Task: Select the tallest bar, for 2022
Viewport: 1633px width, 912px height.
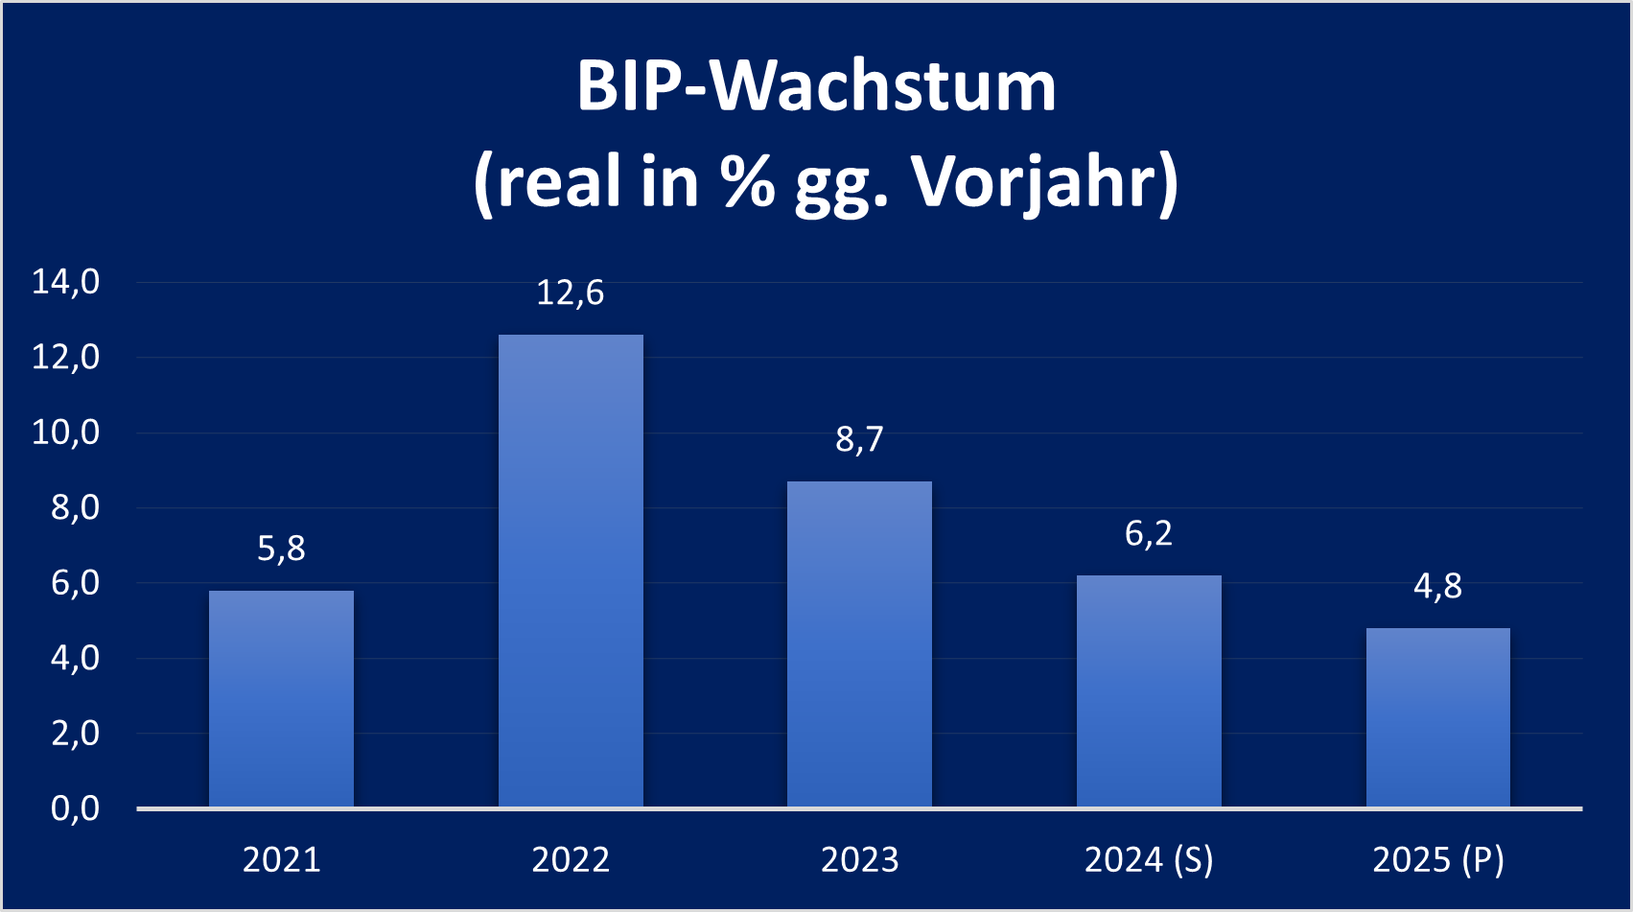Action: tap(571, 571)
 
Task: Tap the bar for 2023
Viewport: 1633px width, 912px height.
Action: tap(859, 643)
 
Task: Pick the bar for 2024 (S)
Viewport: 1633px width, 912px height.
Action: tap(1149, 690)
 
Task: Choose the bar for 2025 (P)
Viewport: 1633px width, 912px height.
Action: tap(1437, 717)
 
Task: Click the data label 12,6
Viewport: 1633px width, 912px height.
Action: tap(571, 292)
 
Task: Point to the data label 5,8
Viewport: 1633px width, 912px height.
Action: tap(281, 549)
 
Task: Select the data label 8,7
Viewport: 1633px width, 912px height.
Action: tap(859, 439)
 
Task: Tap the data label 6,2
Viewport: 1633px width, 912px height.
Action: tap(1149, 533)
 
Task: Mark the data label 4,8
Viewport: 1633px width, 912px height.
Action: tap(1437, 586)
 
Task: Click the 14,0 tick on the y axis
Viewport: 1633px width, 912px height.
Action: tap(66, 282)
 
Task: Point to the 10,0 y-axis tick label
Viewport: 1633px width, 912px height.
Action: tap(66, 433)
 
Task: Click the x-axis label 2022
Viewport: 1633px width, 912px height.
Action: tap(571, 859)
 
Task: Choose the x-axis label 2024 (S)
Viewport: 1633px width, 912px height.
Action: tap(1149, 859)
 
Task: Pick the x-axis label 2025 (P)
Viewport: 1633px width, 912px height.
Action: tap(1437, 859)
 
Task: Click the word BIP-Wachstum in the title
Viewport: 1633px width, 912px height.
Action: tap(816, 86)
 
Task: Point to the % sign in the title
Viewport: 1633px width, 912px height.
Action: tap(748, 180)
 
